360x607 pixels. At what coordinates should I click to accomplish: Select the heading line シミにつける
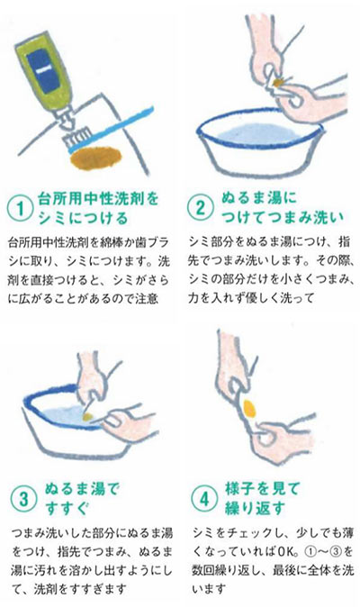point(80,218)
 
